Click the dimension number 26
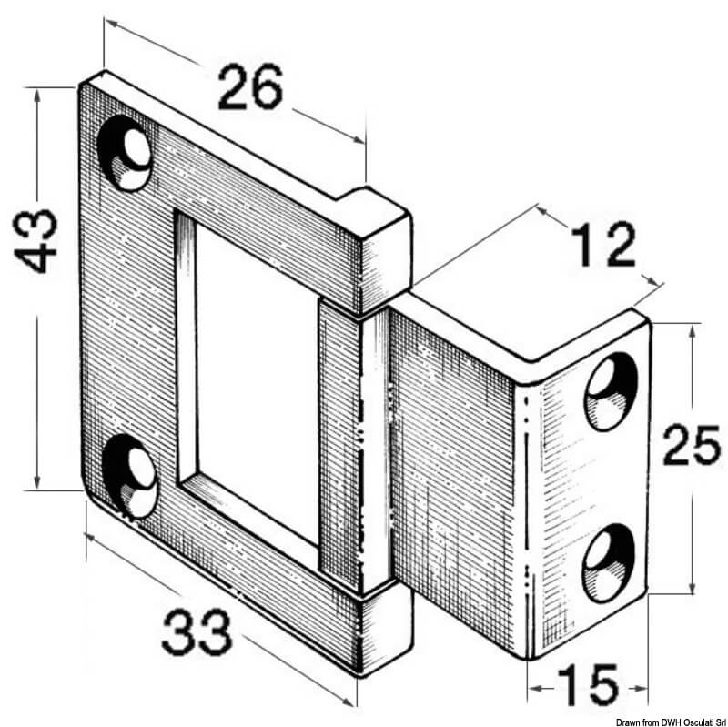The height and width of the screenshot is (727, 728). [x=250, y=86]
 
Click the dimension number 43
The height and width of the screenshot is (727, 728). [x=35, y=241]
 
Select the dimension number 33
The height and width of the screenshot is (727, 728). [x=197, y=632]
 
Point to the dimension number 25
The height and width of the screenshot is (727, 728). [x=692, y=446]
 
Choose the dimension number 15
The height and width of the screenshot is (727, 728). [x=588, y=685]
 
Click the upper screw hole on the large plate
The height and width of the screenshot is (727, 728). [x=125, y=153]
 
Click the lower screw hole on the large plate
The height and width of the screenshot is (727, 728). [x=129, y=476]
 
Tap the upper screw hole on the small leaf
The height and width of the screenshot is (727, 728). [x=611, y=391]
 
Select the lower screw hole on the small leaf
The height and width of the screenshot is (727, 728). [x=609, y=562]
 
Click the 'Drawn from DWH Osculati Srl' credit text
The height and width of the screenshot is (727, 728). [x=671, y=722]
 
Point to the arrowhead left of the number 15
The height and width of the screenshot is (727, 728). [x=534, y=688]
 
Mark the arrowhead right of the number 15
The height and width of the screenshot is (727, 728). [x=642, y=688]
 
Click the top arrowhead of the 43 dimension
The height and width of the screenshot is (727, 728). [x=37, y=95]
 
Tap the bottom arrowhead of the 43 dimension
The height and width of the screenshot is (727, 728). [x=37, y=482]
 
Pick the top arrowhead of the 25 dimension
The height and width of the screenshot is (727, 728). [x=693, y=331]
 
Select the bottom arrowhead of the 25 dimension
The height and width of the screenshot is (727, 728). [x=693, y=587]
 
